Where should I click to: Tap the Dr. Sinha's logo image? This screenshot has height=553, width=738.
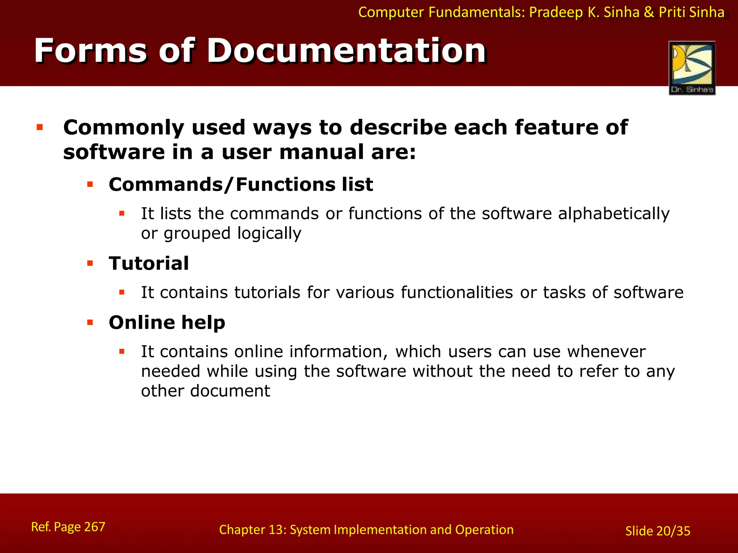click(692, 68)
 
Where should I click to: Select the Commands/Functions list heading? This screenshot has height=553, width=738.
click(241, 185)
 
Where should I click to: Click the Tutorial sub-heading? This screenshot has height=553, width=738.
click(149, 263)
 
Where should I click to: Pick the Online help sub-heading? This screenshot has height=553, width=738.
click(167, 322)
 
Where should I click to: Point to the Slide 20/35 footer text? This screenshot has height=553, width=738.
click(658, 531)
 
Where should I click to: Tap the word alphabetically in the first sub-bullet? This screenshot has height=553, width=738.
click(614, 213)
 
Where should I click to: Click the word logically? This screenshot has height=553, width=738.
click(269, 233)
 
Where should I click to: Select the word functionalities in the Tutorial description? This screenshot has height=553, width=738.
click(457, 292)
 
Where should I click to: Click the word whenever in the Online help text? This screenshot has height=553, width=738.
click(606, 351)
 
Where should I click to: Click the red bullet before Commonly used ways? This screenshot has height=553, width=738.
click(40, 127)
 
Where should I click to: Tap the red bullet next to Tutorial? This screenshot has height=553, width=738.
click(90, 264)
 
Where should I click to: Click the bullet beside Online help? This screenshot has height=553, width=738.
click(90, 323)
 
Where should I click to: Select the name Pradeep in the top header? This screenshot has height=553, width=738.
click(555, 13)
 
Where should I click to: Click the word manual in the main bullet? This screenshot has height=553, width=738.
click(321, 152)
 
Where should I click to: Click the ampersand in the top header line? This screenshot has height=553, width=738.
click(649, 13)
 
